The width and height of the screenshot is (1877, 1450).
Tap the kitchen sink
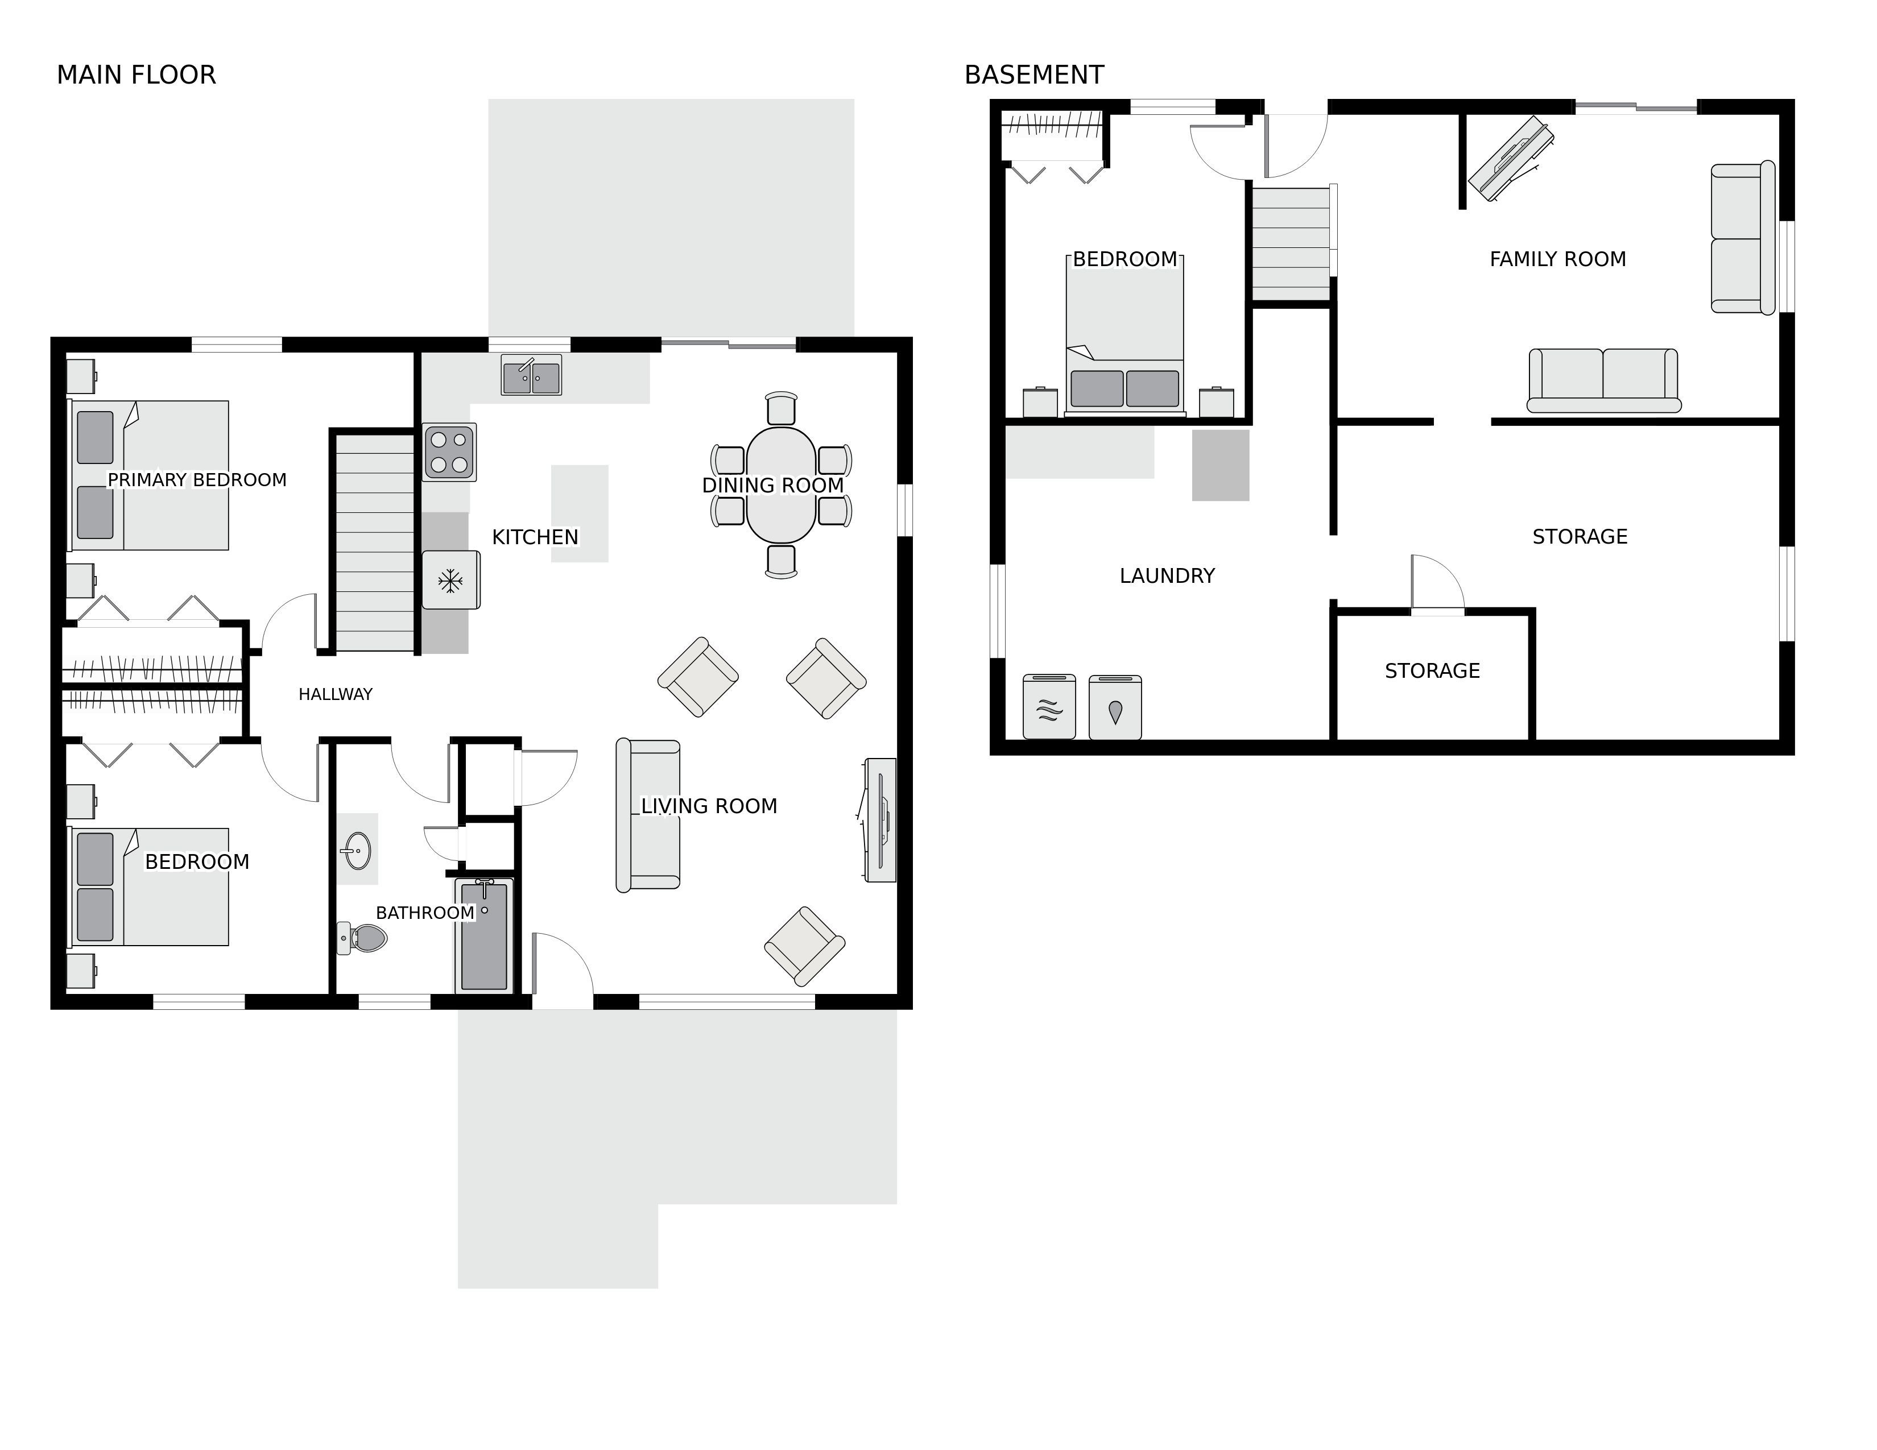(x=531, y=375)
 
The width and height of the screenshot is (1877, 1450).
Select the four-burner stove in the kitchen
(x=449, y=452)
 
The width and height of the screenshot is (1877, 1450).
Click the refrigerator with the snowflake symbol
(x=450, y=581)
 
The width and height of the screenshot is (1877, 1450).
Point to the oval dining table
(x=780, y=486)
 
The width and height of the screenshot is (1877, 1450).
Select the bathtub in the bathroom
(x=484, y=935)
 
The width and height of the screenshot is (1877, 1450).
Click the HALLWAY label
(x=335, y=694)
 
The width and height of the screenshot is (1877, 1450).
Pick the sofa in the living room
(x=648, y=815)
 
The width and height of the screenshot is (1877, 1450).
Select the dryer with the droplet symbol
(x=1115, y=707)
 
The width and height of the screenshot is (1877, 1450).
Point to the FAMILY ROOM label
(x=1557, y=259)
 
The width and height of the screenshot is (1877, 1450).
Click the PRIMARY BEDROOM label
(x=197, y=479)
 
